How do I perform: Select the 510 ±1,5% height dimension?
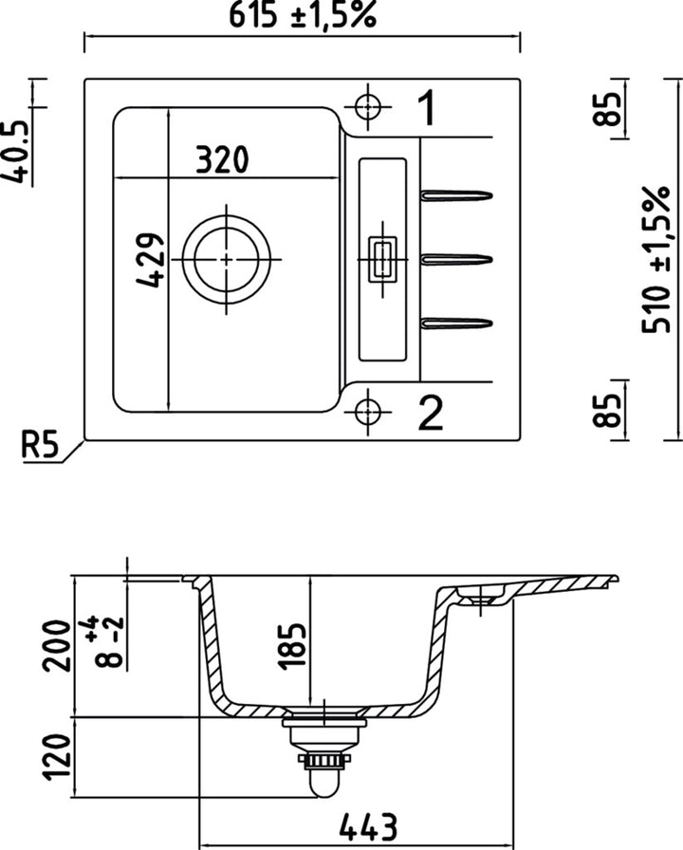tap(655, 258)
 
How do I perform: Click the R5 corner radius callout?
tap(41, 444)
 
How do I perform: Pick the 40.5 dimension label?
tap(16, 149)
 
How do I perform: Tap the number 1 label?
tap(427, 108)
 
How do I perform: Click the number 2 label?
tap(429, 414)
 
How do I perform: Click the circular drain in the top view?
tap(227, 258)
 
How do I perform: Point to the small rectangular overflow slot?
tap(382, 258)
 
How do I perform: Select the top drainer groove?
tap(456, 196)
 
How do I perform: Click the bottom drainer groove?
tap(456, 322)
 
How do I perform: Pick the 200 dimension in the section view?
tap(57, 645)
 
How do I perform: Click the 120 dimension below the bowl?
tap(57, 758)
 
